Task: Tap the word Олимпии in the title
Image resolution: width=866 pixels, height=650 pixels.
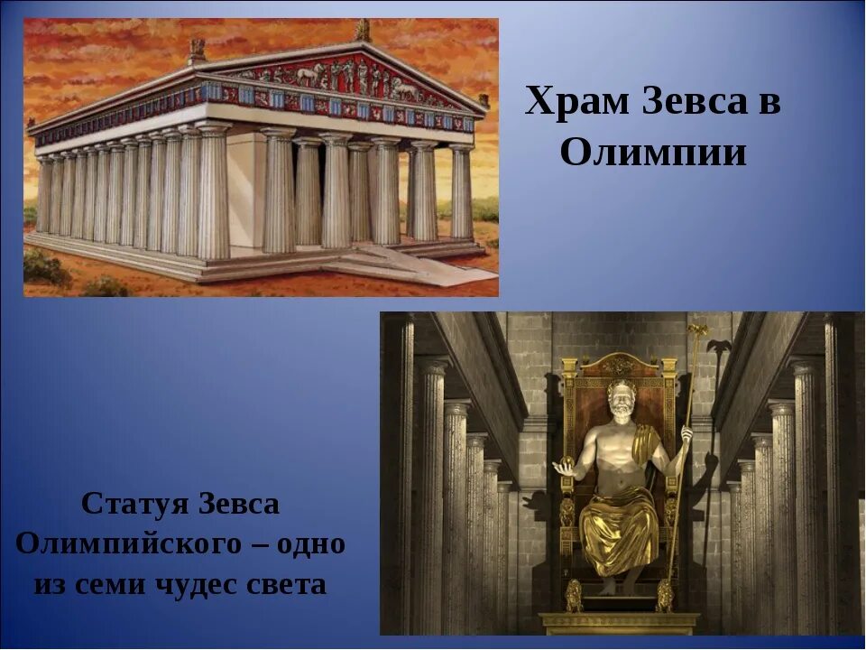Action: tap(653, 153)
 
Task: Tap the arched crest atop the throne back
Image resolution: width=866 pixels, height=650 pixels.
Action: tap(619, 364)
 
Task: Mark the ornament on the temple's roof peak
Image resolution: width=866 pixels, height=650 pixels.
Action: tap(363, 31)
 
